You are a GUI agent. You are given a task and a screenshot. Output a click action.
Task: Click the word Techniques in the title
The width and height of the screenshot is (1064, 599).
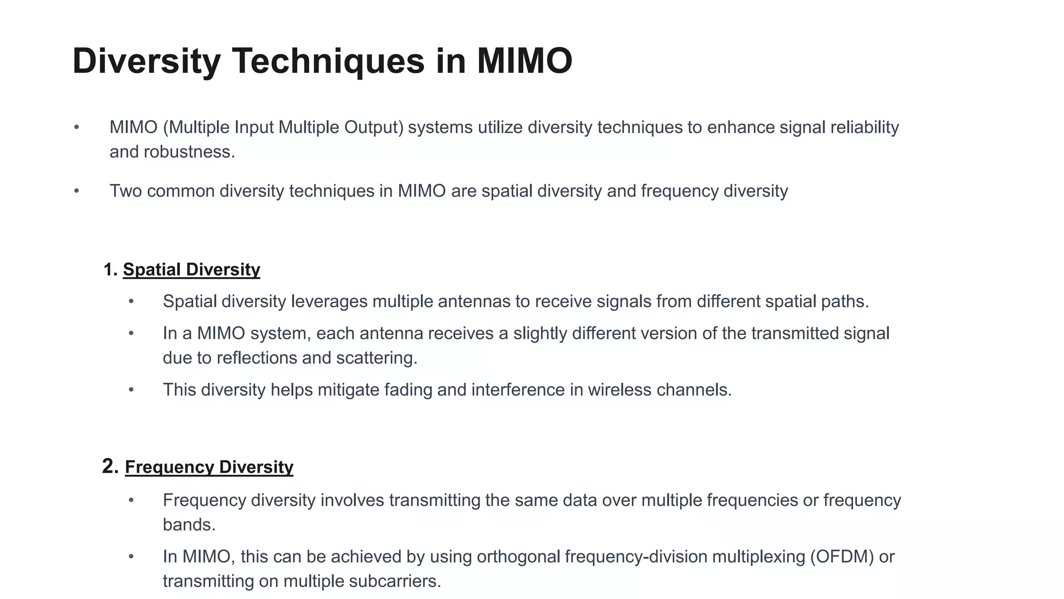[x=328, y=61]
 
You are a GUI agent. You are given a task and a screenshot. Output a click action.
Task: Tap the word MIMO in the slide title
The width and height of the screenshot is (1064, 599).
[x=524, y=61]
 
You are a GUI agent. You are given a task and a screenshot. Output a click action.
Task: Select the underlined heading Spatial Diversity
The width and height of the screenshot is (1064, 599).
[x=191, y=269]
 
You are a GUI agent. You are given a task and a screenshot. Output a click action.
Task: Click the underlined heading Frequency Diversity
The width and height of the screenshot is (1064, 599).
[x=209, y=467]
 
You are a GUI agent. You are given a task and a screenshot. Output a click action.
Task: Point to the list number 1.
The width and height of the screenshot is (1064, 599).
[x=110, y=269]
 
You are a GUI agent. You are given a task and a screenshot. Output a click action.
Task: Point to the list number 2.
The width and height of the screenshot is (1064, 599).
[x=110, y=466]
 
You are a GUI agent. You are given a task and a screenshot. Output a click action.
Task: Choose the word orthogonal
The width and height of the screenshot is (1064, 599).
[x=518, y=556]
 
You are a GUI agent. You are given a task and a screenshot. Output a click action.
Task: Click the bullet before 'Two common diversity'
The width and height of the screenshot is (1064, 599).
[x=76, y=191]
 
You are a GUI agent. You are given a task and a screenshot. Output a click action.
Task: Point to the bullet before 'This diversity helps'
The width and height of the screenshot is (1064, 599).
[x=131, y=389]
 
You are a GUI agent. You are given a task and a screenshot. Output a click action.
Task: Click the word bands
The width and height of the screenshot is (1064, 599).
[x=188, y=525]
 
